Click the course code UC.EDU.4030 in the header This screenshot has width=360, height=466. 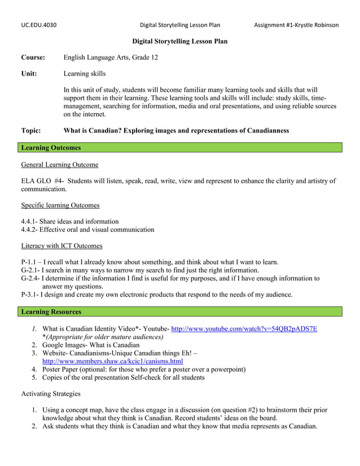[38, 25]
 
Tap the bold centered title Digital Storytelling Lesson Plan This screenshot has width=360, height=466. [179, 42]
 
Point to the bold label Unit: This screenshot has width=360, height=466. [29, 73]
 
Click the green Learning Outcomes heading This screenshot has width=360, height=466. [51, 148]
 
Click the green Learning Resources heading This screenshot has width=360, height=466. [51, 311]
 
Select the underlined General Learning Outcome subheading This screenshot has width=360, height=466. [59, 165]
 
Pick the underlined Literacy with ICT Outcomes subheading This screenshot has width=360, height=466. [62, 246]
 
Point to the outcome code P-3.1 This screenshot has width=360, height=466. [29, 294]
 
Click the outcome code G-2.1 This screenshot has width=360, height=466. [30, 270]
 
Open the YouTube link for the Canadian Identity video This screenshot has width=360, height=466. [244, 329]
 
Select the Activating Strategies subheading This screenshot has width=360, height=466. [50, 394]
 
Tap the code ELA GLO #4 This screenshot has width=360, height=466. [42, 181]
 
